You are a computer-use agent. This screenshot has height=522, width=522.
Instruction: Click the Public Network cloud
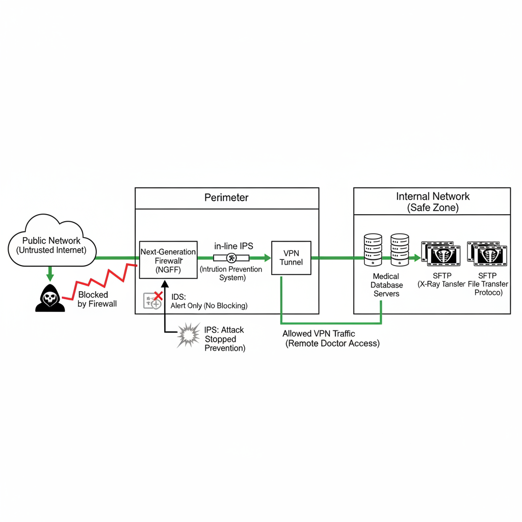(52, 244)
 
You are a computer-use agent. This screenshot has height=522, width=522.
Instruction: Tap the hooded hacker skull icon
(50, 298)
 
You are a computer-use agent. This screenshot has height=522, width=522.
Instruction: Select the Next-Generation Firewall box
(168, 259)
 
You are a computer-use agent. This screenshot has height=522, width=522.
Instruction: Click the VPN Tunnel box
(291, 258)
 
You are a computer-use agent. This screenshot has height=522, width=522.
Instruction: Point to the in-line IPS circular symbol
(232, 258)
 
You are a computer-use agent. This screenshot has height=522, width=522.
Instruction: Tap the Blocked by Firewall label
(97, 299)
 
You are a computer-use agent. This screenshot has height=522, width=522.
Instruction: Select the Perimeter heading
(226, 198)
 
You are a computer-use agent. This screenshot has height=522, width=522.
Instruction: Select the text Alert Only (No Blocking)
(209, 306)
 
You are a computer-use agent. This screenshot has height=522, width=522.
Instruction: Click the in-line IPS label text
(233, 246)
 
